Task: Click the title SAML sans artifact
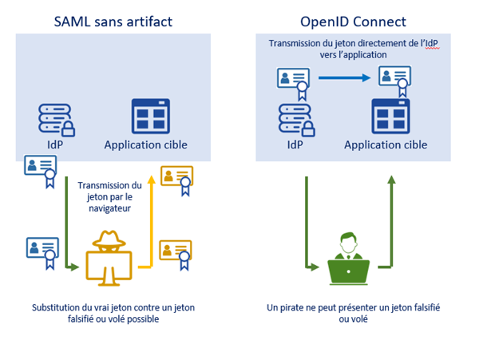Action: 113,22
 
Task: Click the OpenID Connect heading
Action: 353,22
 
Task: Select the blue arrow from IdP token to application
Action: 344,78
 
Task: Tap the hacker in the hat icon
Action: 109,258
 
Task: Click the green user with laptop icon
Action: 348,259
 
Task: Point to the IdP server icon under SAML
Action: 57,120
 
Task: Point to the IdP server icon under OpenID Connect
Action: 296,120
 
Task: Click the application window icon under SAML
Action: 151,116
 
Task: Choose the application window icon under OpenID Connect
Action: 390,116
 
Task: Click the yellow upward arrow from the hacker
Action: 151,222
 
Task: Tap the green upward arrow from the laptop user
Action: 391,222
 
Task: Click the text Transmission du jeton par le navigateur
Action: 109,197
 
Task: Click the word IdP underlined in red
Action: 432,43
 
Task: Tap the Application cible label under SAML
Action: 146,144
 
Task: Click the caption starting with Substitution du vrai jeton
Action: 113,313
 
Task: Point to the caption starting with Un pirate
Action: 354,313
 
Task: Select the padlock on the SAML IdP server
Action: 68,129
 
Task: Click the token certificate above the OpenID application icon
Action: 395,81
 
